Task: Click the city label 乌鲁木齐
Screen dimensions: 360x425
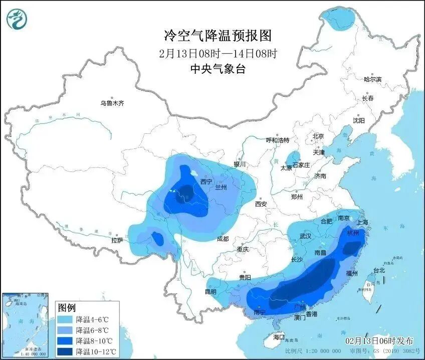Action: point(112,103)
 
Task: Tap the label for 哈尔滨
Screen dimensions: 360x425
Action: point(372,79)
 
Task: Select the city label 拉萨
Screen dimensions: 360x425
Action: point(117,241)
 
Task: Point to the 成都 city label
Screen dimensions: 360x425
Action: point(223,239)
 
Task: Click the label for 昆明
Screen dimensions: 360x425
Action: point(210,291)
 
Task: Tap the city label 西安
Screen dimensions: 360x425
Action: point(261,204)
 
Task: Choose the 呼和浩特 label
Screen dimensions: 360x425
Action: point(277,140)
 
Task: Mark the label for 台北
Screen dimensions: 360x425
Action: point(379,270)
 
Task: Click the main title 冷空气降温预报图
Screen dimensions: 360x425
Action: point(218,36)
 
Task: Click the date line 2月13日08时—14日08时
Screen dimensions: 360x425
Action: point(218,53)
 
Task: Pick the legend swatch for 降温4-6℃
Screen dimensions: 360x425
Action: point(65,319)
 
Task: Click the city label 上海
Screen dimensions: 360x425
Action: point(362,222)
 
